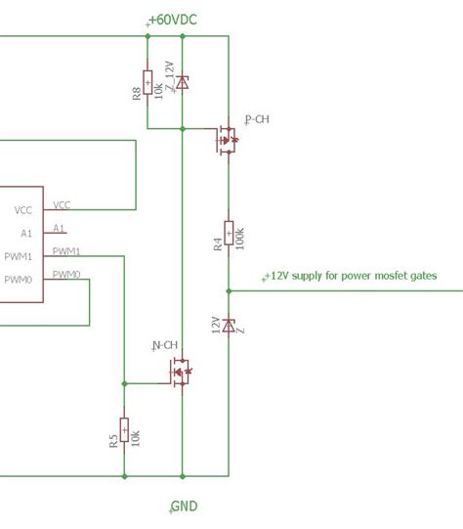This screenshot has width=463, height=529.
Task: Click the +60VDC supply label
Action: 173,20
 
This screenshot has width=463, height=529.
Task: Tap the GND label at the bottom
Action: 184,507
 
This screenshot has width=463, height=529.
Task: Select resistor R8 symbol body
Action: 147,82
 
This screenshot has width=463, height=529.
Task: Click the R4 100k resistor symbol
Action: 229,233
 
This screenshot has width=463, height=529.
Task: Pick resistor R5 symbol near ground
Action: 124,429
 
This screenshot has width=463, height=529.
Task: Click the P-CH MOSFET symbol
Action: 227,140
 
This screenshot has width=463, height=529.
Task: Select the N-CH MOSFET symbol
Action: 181,373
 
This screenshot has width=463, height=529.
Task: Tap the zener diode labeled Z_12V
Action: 183,82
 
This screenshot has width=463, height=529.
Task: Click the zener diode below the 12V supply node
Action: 229,326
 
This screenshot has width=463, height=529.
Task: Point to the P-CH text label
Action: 258,119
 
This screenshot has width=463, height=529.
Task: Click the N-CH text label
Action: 165,345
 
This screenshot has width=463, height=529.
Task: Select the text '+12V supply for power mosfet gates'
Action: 351,276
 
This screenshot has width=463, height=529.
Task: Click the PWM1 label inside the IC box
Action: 19,257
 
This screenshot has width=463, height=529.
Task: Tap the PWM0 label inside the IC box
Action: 19,280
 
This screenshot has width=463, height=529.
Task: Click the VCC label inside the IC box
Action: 23,210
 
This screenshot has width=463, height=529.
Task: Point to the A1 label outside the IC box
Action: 59,229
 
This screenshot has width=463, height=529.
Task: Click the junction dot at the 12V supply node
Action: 229,290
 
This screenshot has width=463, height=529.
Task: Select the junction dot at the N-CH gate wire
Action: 124,383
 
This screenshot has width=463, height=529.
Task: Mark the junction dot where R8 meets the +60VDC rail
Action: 147,36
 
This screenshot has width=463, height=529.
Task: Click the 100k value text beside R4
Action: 240,239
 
